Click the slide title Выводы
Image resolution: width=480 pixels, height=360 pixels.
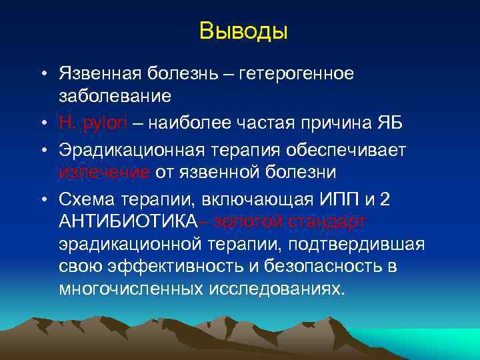pyautogui.click(x=243, y=31)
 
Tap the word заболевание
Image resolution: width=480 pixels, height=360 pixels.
pyautogui.click(x=115, y=97)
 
